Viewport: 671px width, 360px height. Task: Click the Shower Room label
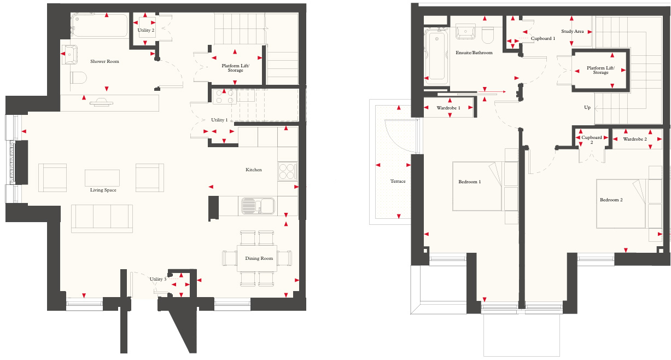[104, 61]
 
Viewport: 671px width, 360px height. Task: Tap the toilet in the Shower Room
[79, 78]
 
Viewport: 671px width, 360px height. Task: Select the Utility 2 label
[146, 31]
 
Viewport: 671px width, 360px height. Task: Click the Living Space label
[103, 190]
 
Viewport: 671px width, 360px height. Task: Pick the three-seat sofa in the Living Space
[102, 217]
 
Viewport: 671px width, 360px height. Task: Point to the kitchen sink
[258, 206]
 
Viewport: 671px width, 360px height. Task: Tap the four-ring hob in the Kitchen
[287, 172]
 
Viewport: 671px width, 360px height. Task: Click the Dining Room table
[257, 258]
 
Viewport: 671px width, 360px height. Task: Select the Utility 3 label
[158, 279]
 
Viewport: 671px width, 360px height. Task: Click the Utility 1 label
[219, 120]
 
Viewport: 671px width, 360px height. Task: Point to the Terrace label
[398, 181]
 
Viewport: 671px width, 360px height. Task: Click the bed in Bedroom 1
[477, 186]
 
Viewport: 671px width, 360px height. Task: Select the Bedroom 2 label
[611, 200]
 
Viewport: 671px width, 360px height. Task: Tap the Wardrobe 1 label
[448, 108]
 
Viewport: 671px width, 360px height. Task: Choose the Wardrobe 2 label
[635, 139]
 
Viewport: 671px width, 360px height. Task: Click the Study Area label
[573, 31]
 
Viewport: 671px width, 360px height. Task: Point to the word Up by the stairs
[587, 107]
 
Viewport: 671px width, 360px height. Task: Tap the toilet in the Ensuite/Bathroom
[488, 36]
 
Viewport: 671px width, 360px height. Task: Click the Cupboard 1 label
[543, 38]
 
